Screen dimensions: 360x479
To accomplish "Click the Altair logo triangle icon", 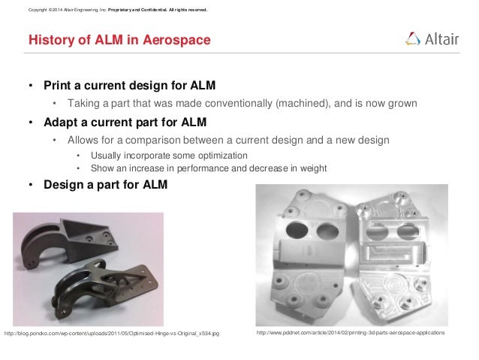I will [x=412, y=38].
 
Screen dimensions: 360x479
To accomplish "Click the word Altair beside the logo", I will [x=442, y=39].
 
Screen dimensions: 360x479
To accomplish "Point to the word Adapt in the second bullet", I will [x=61, y=122].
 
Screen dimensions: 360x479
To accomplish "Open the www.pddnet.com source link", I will [x=351, y=332].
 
